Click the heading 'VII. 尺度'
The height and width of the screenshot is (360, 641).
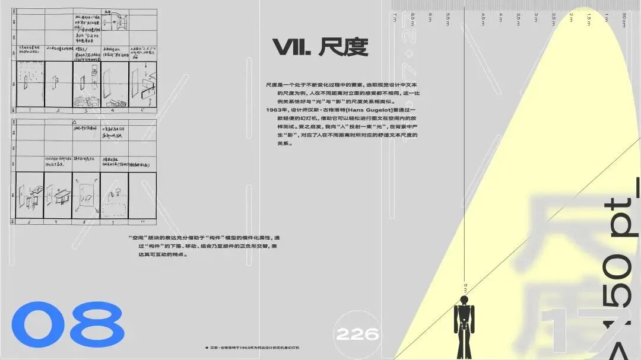tap(320, 47)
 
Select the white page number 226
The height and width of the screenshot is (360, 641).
tap(357, 334)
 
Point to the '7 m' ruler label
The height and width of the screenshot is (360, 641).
tap(395, 18)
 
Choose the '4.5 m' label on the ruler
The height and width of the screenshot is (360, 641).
tap(484, 18)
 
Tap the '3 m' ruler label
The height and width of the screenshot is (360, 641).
tap(537, 18)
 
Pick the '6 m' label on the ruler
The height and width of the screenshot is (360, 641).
tap(430, 18)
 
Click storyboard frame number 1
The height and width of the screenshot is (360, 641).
tap(29, 110)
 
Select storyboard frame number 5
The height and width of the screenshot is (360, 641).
tap(142, 110)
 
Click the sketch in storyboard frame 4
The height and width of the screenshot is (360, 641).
tap(113, 83)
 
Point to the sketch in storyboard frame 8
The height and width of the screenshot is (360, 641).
tap(86, 196)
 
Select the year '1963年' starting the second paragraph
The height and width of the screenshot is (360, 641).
tap(277, 110)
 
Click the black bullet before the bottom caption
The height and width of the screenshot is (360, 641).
tap(206, 348)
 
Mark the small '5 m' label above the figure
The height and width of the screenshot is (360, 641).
tap(465, 287)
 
